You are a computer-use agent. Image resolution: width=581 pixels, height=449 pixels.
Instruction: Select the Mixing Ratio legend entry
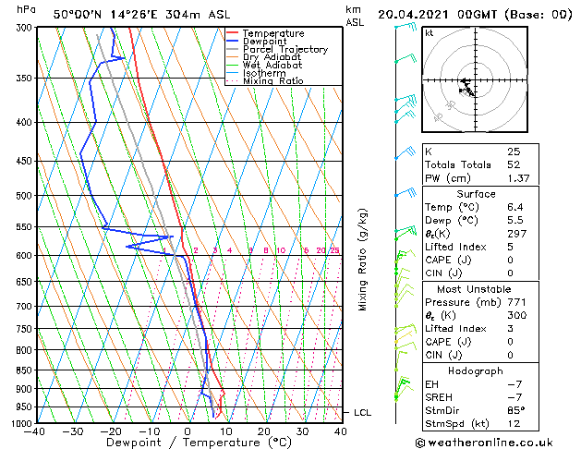click(272, 81)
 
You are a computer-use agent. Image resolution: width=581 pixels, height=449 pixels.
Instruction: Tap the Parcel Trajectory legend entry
click(284, 49)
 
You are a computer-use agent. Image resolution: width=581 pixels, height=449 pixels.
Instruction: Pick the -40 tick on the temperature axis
click(36, 431)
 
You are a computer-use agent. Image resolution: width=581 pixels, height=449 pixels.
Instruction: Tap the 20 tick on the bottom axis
click(264, 431)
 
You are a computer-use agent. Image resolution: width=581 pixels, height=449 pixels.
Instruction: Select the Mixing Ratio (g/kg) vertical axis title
click(363, 260)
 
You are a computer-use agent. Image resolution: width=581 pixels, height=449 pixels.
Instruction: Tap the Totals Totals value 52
click(514, 164)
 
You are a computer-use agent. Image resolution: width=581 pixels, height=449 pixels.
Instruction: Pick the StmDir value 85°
click(516, 410)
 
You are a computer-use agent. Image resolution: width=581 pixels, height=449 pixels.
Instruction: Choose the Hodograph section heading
click(476, 370)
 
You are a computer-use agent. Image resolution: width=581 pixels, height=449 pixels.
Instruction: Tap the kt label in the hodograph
click(429, 32)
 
